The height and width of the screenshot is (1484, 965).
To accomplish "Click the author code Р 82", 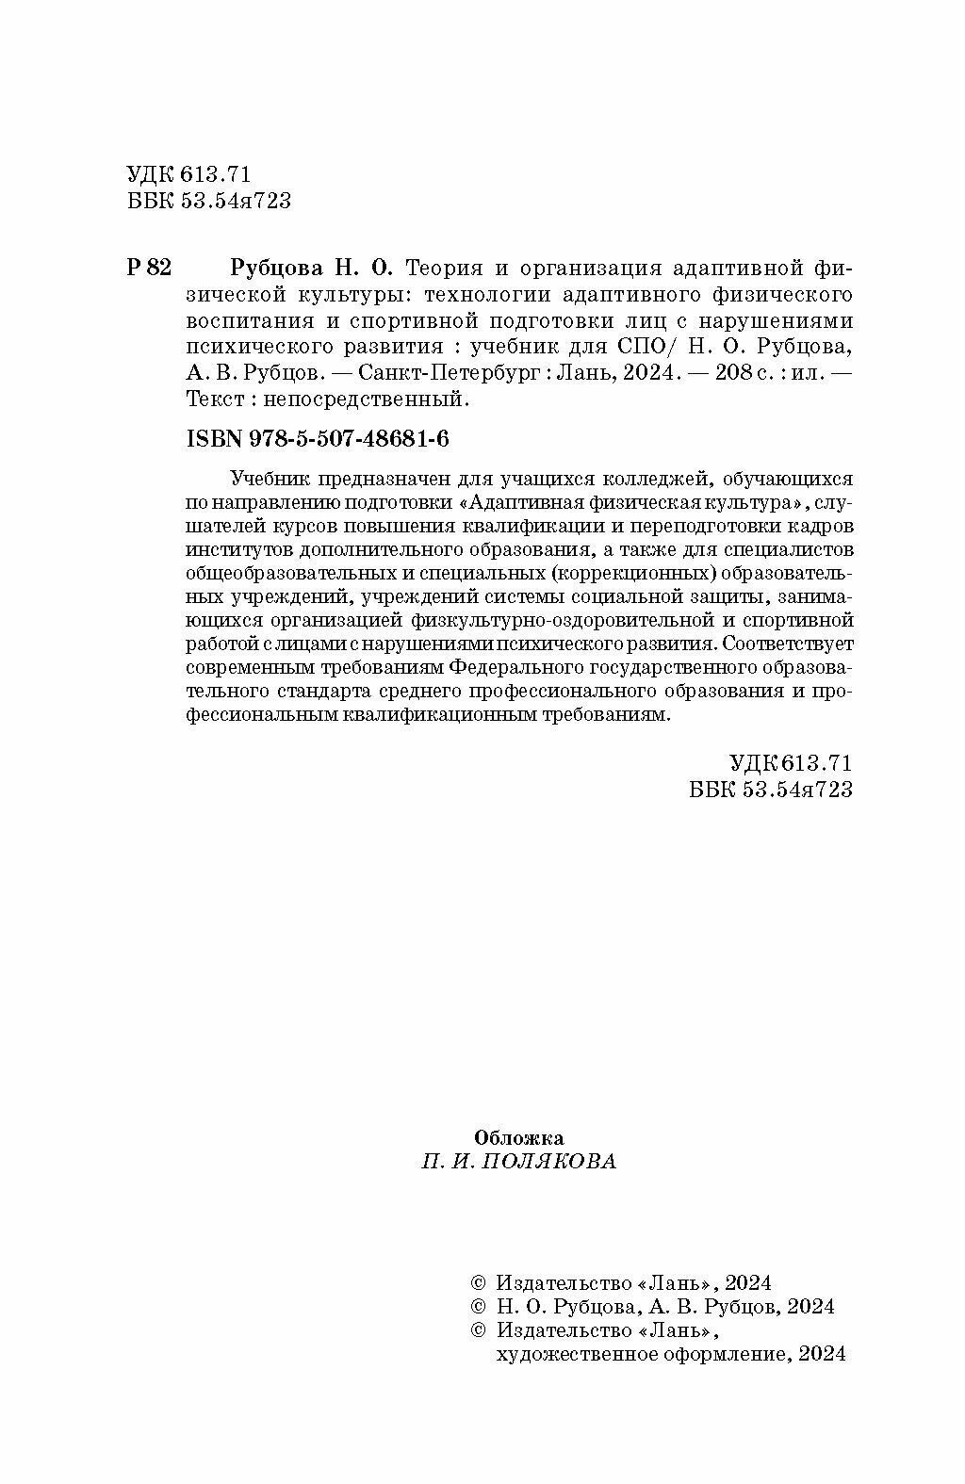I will coord(148,268).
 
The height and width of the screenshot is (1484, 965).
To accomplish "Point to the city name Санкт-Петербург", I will coord(439,373).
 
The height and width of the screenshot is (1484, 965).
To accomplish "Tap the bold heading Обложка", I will coord(518,1136).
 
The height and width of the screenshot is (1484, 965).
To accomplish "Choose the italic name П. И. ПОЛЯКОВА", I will coord(518,1162).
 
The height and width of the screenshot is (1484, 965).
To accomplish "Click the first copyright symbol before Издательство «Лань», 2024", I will coord(478,1282).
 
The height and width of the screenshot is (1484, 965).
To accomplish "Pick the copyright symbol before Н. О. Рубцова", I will coord(478,1307).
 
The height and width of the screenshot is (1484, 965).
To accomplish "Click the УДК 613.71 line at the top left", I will coord(187,173).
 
